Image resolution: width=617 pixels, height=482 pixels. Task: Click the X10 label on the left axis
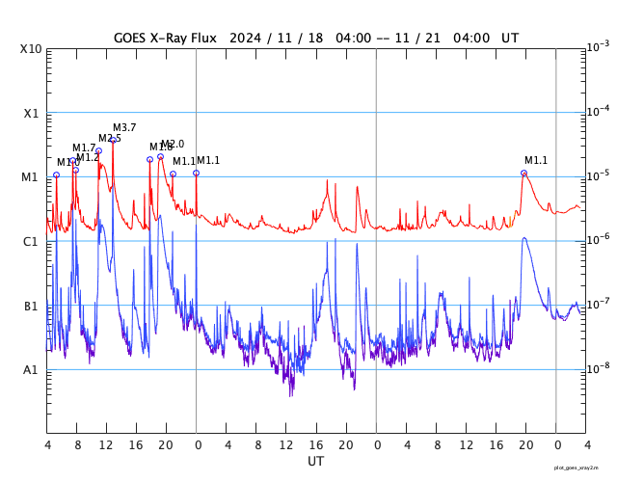pos(31,48)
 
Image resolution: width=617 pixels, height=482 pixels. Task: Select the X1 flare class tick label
pos(31,113)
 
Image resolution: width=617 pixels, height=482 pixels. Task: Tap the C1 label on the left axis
pos(31,241)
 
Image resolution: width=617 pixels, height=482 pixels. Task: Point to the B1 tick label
pos(31,306)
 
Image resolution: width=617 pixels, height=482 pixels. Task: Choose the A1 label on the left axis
pos(31,369)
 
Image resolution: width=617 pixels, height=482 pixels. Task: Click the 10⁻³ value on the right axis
pos(598,46)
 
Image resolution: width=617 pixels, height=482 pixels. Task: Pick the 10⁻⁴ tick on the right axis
pos(598,111)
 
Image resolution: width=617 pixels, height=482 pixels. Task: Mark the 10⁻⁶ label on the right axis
pos(598,239)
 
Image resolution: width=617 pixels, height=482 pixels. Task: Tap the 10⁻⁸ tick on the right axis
pos(598,367)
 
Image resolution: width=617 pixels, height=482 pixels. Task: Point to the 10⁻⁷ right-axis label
pos(598,304)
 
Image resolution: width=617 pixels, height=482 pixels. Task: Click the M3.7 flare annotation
pos(124,128)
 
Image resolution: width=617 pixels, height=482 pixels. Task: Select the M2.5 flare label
pos(110,139)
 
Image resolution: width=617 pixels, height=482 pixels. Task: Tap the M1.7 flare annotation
pos(84,148)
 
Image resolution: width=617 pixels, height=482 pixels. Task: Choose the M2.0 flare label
pos(173,145)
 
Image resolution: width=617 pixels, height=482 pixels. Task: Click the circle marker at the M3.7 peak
pos(113,140)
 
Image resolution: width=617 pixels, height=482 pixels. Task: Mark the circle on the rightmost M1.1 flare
pos(523,174)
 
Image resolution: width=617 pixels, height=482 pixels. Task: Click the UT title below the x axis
pos(315,462)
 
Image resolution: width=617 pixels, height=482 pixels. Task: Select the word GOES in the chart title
pos(133,39)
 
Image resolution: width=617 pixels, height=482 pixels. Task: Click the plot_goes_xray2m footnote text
pos(582,468)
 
